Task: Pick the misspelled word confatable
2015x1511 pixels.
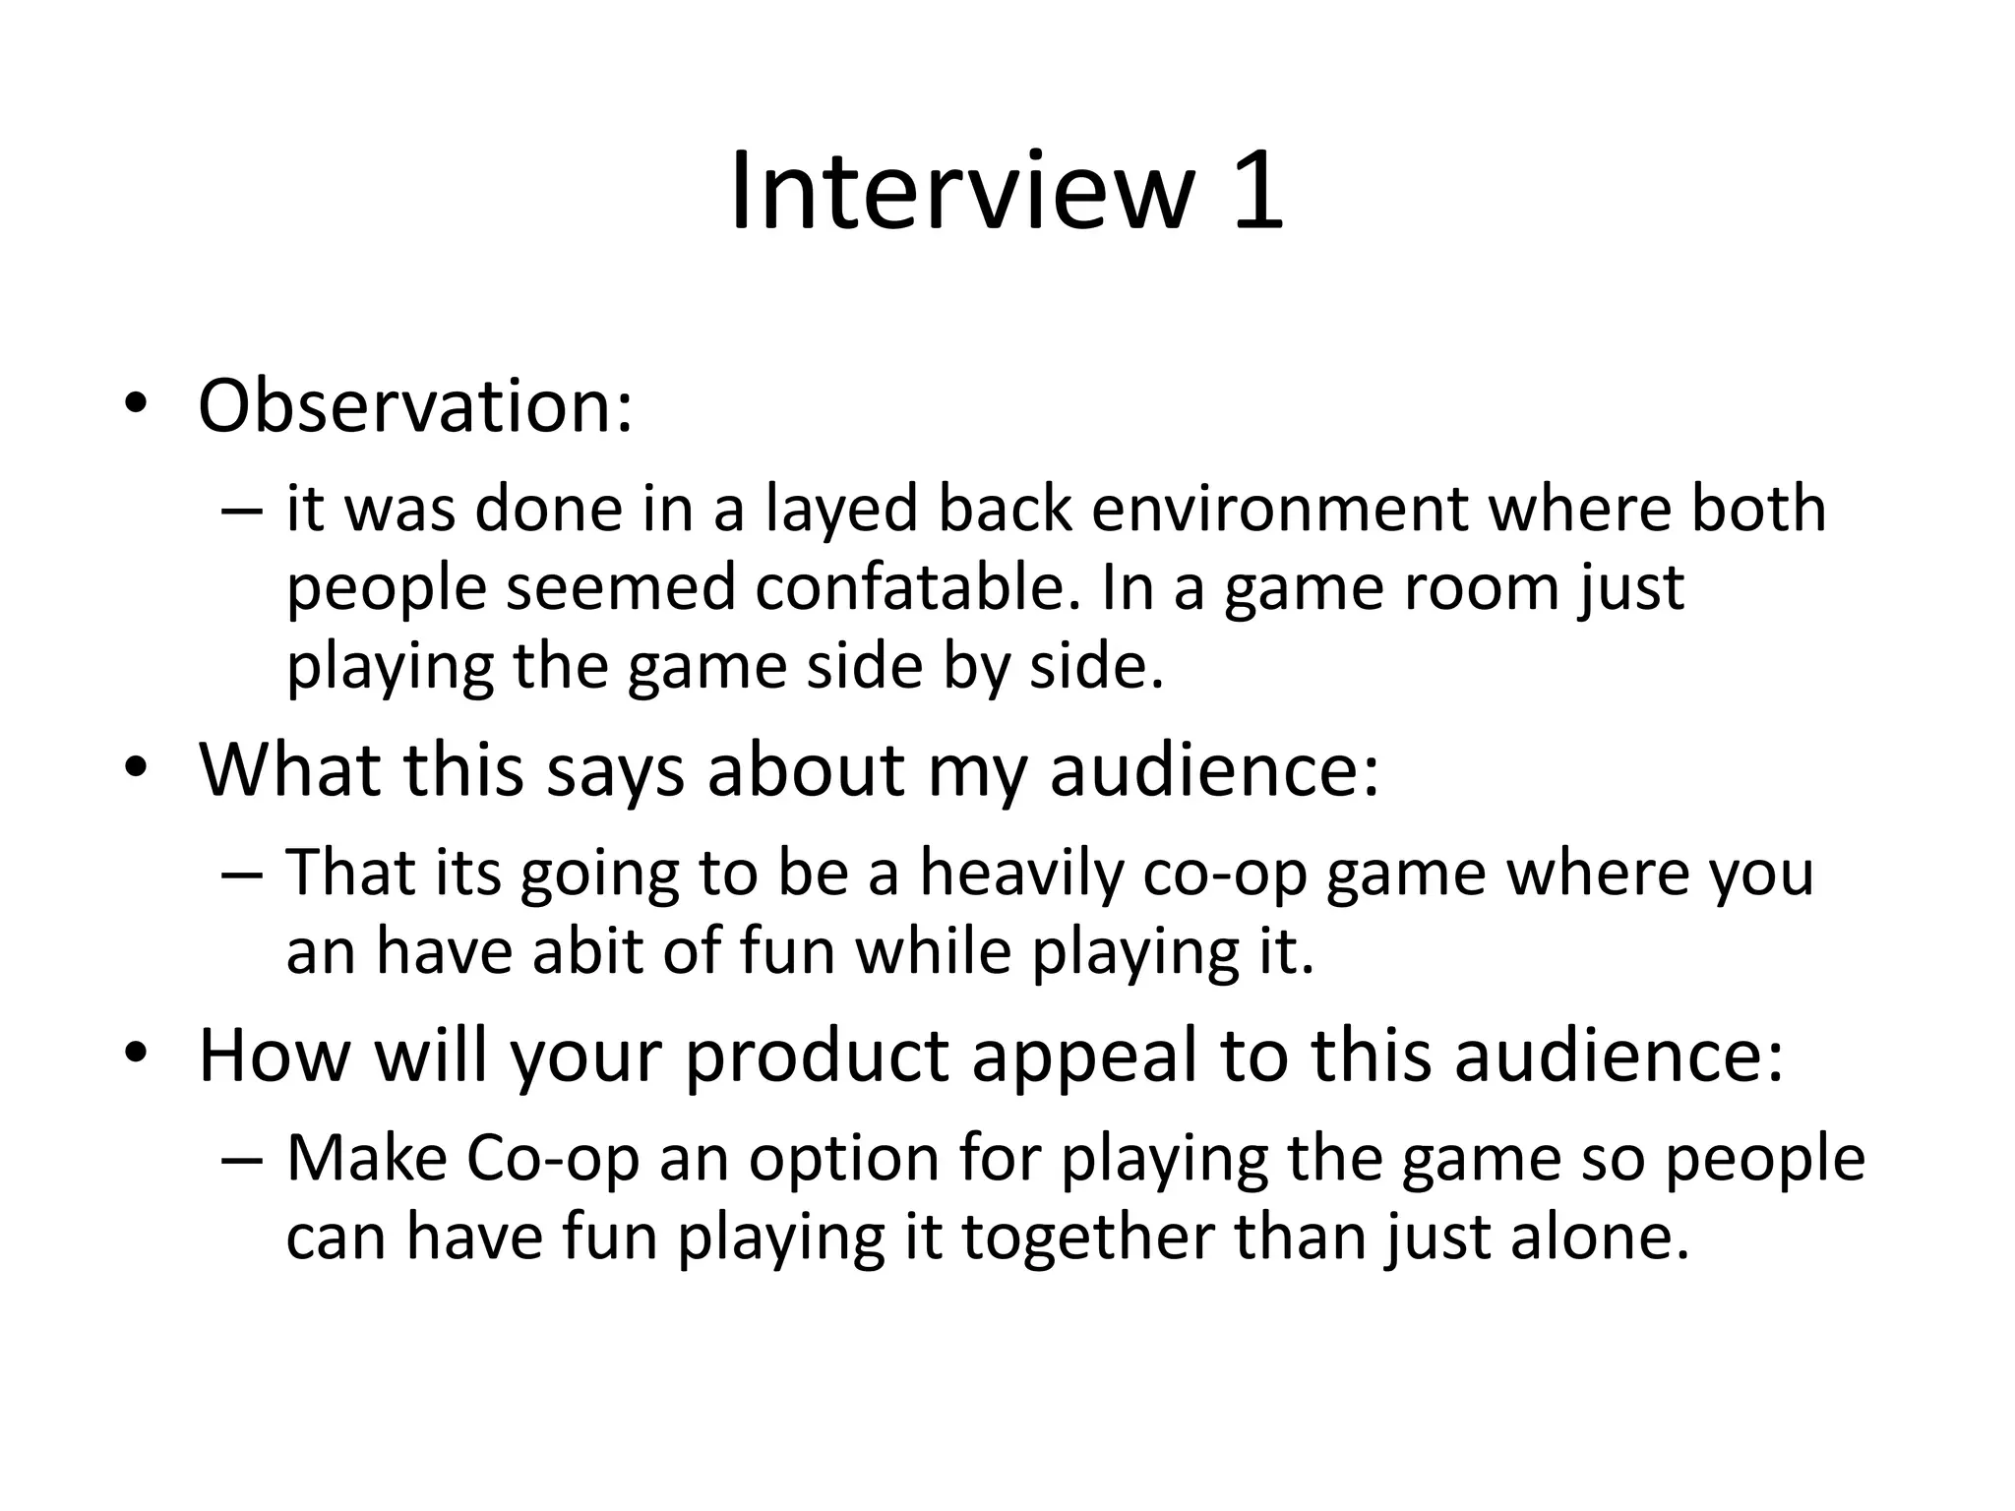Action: click(x=912, y=588)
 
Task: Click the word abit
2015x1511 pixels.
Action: click(x=588, y=952)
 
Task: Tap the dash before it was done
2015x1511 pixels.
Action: click(x=242, y=512)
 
